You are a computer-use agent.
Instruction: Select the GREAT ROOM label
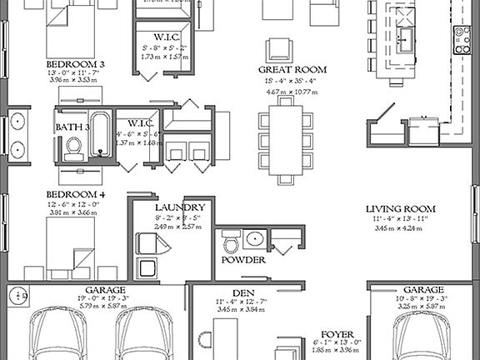coord(292,70)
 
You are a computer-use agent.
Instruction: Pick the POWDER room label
coord(243,261)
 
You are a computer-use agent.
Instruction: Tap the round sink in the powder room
coord(255,242)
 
